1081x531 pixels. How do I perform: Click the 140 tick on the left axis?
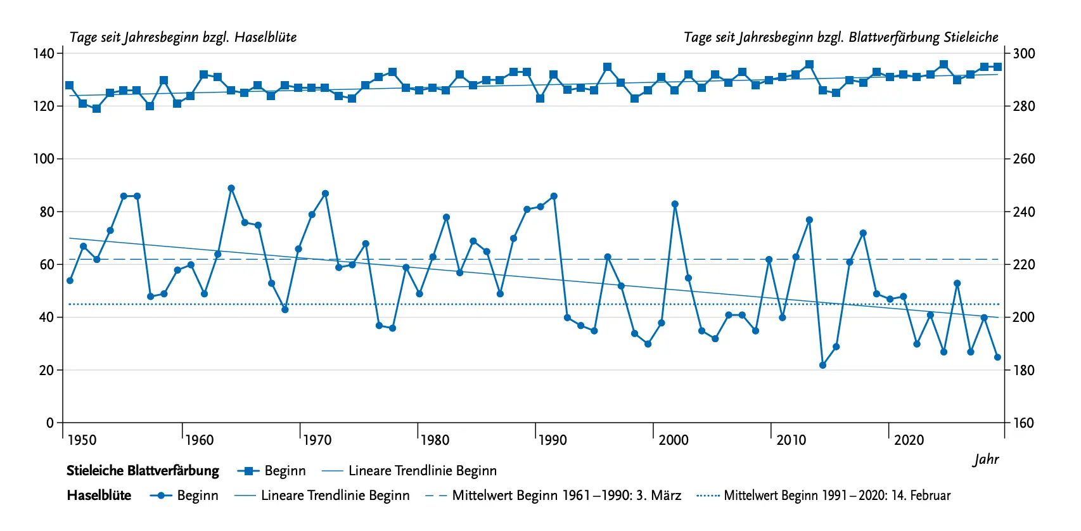[44, 53]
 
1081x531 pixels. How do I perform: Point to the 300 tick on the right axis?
[1023, 53]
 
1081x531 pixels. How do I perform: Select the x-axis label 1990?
[552, 440]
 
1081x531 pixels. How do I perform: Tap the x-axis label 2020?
[909, 440]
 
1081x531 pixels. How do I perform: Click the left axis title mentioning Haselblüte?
[182, 37]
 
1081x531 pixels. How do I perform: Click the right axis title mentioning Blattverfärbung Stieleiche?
[841, 37]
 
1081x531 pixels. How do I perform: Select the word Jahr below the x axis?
[986, 459]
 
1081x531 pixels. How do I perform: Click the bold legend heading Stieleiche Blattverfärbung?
[143, 471]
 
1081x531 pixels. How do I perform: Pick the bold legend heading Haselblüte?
[99, 496]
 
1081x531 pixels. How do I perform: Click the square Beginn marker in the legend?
[248, 471]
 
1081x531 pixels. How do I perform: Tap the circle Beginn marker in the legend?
[161, 496]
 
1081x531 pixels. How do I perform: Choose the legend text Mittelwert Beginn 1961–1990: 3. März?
[566, 496]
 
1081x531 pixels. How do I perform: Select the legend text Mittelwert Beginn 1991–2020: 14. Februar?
[836, 496]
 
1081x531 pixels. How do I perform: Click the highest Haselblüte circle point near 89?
[231, 188]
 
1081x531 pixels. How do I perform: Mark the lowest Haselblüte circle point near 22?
[822, 365]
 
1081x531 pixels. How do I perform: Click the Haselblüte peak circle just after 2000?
[675, 204]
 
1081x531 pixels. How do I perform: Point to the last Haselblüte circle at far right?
[997, 357]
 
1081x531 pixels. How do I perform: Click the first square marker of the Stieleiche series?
[70, 86]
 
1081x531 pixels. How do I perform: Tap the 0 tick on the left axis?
[50, 423]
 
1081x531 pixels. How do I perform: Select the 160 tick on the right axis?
[1023, 423]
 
